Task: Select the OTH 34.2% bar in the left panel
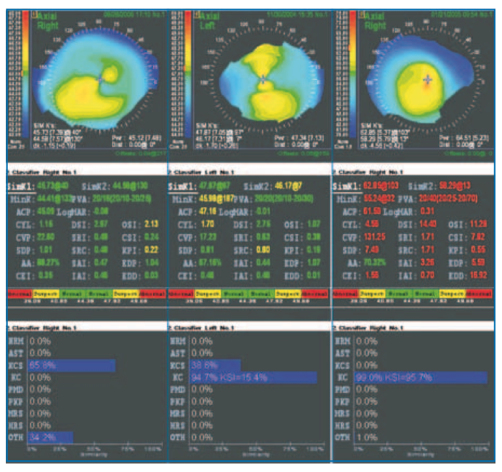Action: [x=49, y=437]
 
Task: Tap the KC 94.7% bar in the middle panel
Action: [x=253, y=377]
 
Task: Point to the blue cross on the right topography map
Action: [x=428, y=80]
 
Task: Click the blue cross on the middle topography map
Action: [x=263, y=80]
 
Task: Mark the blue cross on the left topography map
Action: [x=100, y=77]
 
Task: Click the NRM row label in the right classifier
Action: [x=342, y=341]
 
